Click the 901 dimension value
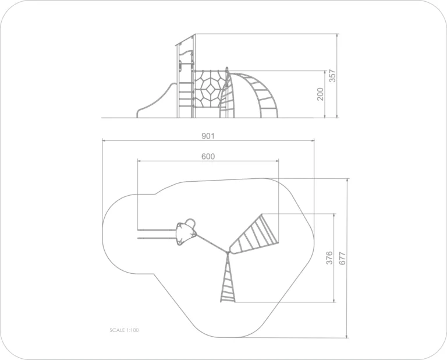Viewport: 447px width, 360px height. (208, 136)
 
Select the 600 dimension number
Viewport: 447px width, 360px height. (208, 156)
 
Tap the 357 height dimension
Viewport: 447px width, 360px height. (333, 76)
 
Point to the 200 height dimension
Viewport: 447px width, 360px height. (321, 94)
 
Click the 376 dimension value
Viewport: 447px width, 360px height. (329, 257)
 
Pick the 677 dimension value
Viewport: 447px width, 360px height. (342, 259)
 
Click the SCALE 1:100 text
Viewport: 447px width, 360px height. (125, 330)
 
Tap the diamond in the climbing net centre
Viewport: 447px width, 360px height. (211, 89)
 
